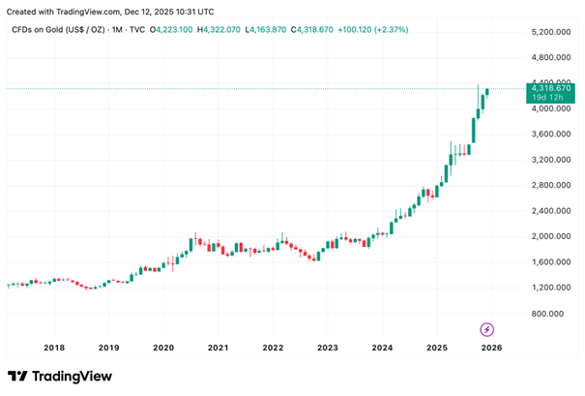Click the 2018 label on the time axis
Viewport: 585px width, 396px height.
click(54, 347)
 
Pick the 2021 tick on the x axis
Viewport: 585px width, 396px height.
click(218, 347)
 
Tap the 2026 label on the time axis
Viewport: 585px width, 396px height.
click(491, 347)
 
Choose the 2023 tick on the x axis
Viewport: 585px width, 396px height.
click(328, 347)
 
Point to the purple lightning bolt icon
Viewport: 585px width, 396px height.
click(487, 329)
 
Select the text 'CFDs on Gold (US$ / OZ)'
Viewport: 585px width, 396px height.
click(57, 30)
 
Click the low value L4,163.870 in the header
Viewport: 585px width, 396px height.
click(280, 30)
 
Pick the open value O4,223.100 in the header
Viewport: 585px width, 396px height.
click(171, 30)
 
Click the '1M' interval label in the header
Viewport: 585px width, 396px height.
click(117, 30)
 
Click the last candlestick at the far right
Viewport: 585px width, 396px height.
click(487, 91)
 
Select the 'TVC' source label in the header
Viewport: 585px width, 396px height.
click(137, 30)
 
